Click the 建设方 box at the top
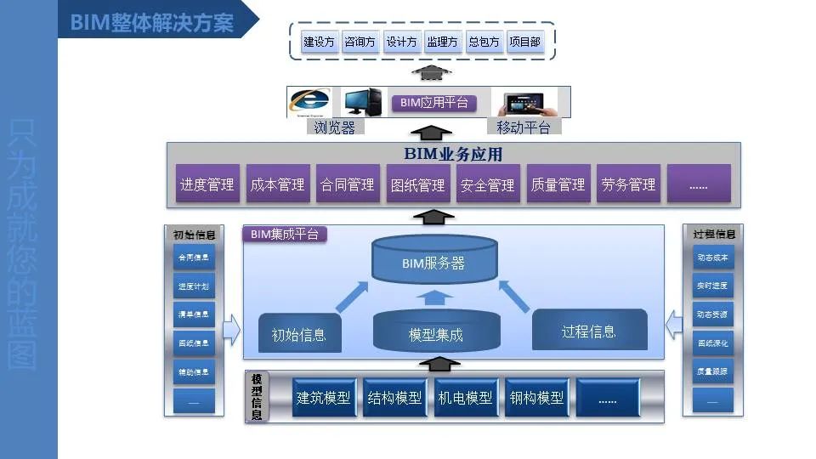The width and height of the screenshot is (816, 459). (320, 42)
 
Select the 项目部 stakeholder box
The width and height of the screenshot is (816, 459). (524, 42)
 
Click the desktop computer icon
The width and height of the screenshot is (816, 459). (363, 102)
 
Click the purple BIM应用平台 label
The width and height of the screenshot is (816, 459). (433, 103)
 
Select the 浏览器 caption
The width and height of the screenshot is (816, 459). (334, 127)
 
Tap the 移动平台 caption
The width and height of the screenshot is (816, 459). (523, 127)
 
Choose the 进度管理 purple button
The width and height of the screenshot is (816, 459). (207, 184)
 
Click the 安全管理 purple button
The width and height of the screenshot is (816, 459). (487, 184)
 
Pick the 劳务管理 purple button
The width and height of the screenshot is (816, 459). (628, 184)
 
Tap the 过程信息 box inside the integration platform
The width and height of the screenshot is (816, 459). (589, 330)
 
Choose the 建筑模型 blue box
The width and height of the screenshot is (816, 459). (323, 398)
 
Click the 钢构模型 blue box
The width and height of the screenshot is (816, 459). (535, 398)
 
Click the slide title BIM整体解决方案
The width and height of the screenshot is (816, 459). (152, 21)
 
